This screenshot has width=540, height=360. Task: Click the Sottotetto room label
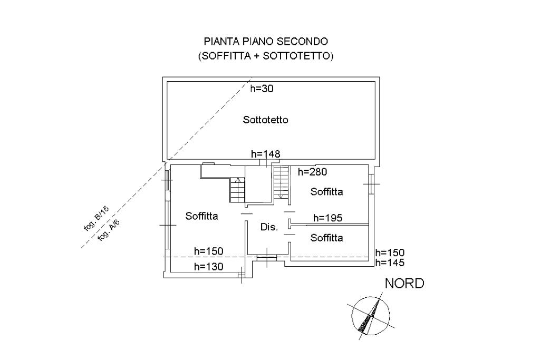(x=265, y=120)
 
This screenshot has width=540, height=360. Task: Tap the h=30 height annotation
(x=262, y=89)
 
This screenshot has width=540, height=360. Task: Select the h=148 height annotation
(x=266, y=154)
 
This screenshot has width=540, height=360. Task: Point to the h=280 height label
(x=312, y=172)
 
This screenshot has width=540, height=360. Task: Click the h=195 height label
(x=328, y=218)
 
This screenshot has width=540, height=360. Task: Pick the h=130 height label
(x=209, y=266)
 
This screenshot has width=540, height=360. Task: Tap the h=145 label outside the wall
(x=390, y=263)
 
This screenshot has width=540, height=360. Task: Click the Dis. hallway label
(x=269, y=227)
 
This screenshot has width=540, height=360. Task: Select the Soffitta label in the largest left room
(x=202, y=216)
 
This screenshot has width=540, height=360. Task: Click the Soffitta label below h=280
(x=327, y=192)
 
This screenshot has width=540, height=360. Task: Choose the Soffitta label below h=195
(x=327, y=238)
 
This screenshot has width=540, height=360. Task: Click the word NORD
(x=404, y=284)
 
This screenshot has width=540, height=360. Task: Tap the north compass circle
(x=352, y=315)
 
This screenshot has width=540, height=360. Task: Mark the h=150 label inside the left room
(x=209, y=251)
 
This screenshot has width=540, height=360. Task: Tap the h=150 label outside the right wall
(x=390, y=253)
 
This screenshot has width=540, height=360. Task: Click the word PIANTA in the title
(x=222, y=42)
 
